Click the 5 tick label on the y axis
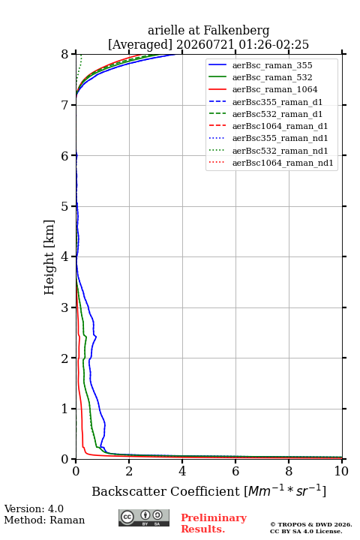(x=65, y=206)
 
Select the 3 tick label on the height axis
(x=65, y=307)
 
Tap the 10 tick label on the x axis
(x=341, y=471)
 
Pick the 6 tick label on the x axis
(x=235, y=471)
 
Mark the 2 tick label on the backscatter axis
(x=129, y=471)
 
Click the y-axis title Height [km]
(x=49, y=257)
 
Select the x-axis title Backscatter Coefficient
(x=166, y=491)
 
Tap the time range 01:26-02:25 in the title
(x=259, y=45)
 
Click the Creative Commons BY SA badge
(x=144, y=517)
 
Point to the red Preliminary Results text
(x=214, y=523)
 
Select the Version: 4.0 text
(x=34, y=508)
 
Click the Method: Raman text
(x=44, y=520)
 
